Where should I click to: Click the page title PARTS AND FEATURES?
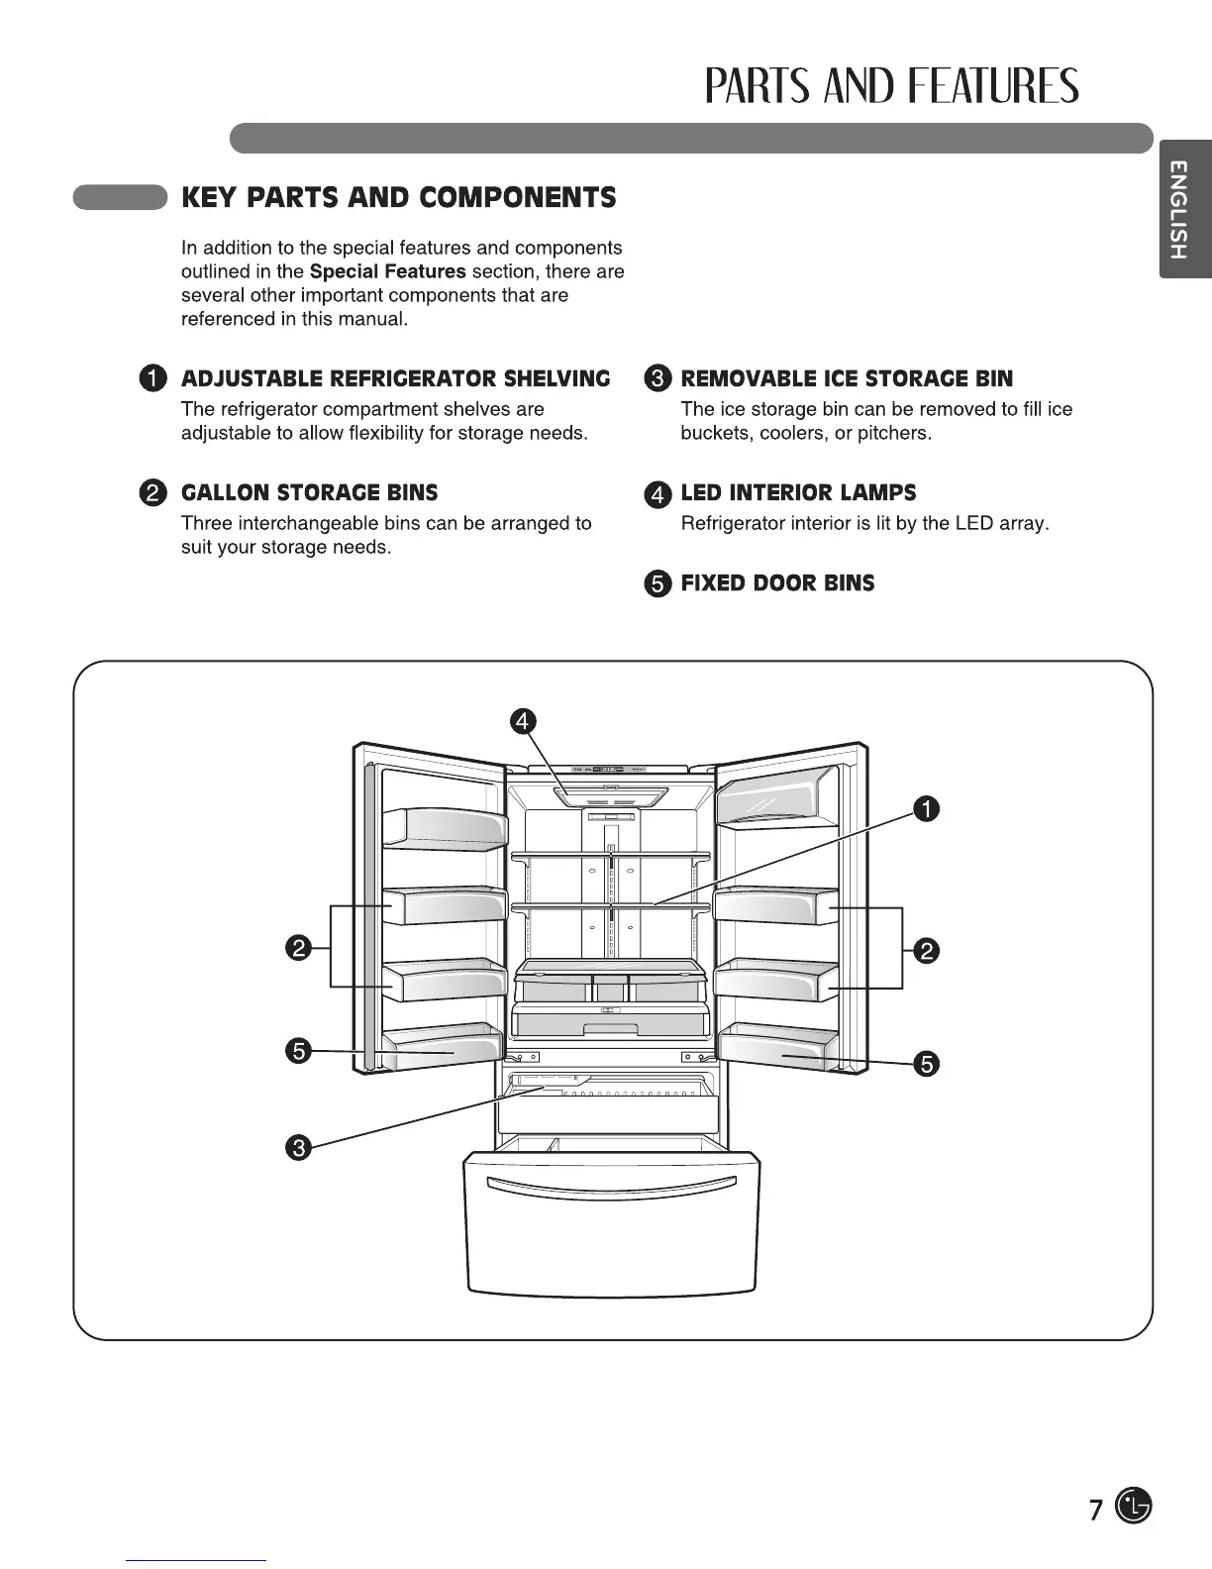(891, 87)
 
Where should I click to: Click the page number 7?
(1095, 1510)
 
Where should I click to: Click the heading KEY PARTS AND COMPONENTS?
(398, 197)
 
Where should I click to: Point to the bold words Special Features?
(387, 271)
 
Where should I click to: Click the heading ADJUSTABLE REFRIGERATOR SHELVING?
(395, 378)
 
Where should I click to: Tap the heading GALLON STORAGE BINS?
(309, 492)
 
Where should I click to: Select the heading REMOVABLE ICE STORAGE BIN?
(847, 378)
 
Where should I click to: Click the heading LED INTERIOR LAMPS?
(798, 492)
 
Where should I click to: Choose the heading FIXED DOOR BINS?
(777, 582)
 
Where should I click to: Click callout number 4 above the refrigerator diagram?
(523, 720)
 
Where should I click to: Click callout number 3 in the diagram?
(298, 1148)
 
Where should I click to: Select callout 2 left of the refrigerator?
(298, 948)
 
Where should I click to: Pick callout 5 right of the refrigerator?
(926, 1064)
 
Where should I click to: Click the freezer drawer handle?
(613, 1185)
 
